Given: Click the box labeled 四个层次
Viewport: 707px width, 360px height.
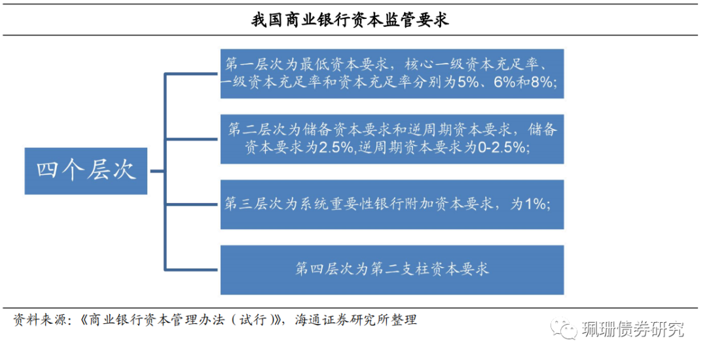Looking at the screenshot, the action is [86, 171].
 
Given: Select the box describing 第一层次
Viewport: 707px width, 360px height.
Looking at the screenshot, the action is [391, 73].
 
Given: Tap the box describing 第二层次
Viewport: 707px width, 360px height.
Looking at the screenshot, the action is [391, 139].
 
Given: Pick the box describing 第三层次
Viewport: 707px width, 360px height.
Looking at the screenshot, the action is [391, 204].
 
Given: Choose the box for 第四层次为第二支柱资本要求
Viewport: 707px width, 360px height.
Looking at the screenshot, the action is [391, 270].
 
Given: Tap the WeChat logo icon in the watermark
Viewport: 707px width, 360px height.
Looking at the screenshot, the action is [564, 328].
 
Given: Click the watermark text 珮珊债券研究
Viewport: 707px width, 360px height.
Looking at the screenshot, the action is [631, 329].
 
